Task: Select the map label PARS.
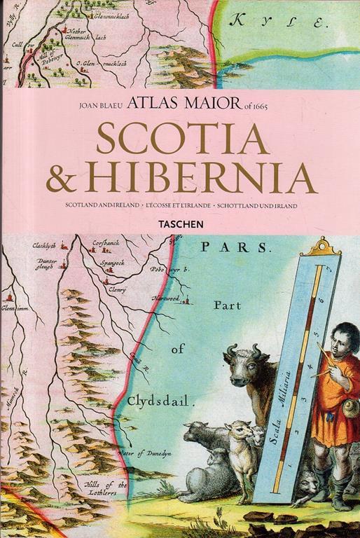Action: (x=234, y=247)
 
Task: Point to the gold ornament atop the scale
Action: (x=324, y=247)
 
